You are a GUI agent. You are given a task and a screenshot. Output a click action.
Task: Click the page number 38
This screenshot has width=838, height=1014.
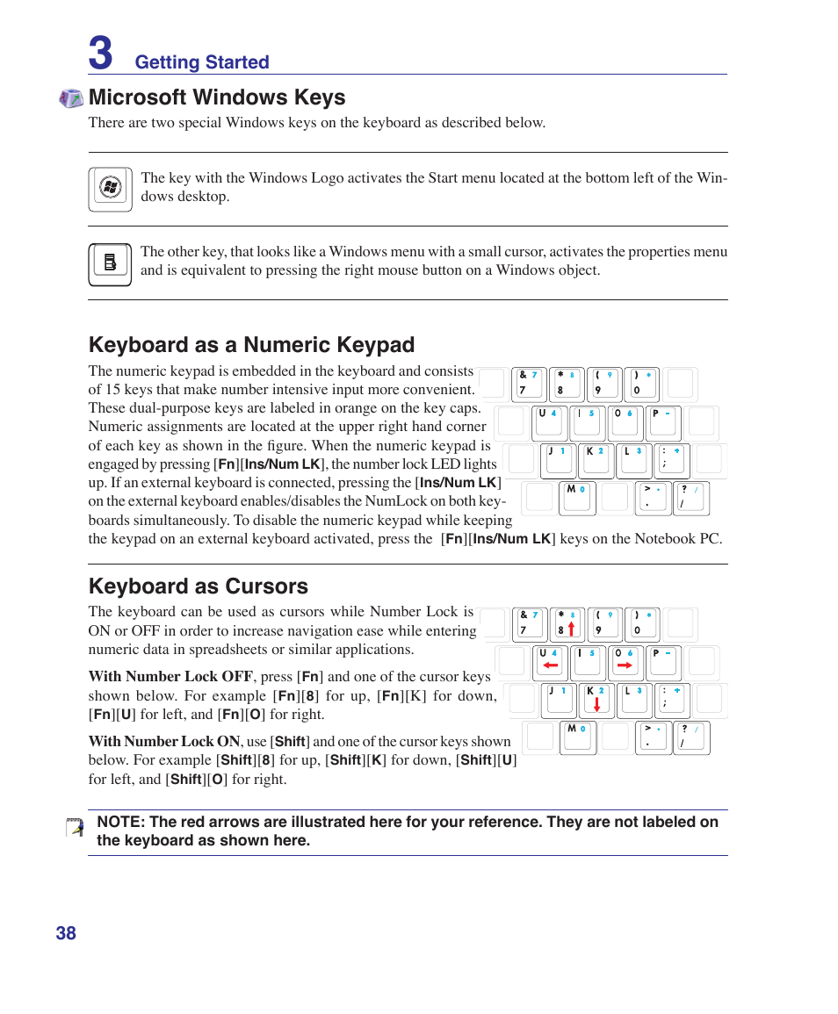tap(66, 933)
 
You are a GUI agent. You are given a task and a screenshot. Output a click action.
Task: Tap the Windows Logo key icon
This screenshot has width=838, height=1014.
tap(110, 189)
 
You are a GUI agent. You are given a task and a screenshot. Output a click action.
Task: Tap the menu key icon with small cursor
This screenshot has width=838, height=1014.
tap(110, 264)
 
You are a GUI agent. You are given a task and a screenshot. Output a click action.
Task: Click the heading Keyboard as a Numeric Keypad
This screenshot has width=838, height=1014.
tap(251, 344)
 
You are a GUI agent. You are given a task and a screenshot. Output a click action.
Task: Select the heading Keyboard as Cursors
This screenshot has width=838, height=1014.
tap(199, 586)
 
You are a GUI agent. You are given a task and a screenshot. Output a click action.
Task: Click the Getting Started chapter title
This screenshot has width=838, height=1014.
tap(202, 62)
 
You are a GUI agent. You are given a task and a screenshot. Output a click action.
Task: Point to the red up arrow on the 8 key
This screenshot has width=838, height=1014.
tap(571, 628)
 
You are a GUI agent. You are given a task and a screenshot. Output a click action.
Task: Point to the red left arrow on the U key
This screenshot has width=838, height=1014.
tap(551, 665)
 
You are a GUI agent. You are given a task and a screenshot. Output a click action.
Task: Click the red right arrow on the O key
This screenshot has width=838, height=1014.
tap(625, 665)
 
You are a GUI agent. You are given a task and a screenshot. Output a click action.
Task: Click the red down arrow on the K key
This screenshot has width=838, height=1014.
tap(596, 703)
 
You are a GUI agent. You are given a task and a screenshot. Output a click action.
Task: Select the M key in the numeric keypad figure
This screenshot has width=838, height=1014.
tap(577, 498)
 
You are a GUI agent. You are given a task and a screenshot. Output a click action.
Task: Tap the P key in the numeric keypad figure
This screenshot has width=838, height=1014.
tap(663, 422)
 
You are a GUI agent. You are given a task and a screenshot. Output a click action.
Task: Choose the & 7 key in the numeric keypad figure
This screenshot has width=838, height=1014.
tap(529, 384)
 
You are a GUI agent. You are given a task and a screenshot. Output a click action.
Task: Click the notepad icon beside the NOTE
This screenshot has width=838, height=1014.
tap(76, 827)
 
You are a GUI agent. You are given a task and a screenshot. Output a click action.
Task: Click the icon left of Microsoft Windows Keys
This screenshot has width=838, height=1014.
tap(71, 98)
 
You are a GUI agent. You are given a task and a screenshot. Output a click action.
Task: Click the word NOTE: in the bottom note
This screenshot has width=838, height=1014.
tap(120, 822)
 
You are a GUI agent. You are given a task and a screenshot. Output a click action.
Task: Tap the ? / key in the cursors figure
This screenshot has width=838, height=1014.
tap(690, 738)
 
